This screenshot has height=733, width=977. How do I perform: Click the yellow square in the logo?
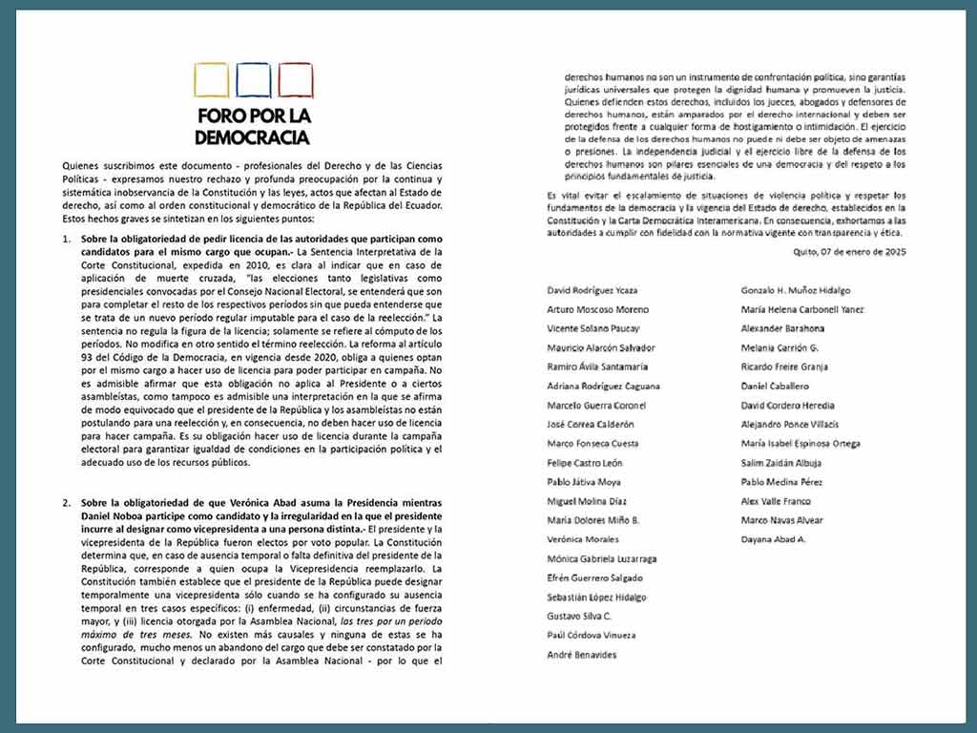211,80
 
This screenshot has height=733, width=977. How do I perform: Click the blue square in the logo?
254,80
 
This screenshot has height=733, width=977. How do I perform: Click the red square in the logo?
296,80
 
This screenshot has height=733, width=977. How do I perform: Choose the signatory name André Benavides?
582,655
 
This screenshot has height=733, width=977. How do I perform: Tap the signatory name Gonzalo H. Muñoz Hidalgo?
796,290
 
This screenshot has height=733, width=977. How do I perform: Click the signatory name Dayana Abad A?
774,539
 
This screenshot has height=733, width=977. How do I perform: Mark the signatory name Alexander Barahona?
782,328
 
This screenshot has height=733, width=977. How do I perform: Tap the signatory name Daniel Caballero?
775,386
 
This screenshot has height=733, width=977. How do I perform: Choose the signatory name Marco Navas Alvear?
781,520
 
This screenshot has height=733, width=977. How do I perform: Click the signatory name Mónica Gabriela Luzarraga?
602,558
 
